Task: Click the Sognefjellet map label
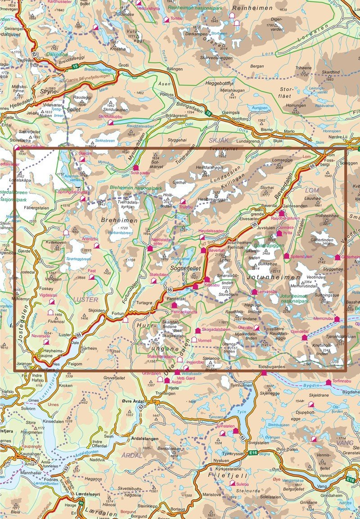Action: (x=181, y=268)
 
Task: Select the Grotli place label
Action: (x=123, y=65)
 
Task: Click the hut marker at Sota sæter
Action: (x=135, y=167)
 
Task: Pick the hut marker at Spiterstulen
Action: (x=286, y=256)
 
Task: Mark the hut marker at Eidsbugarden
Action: (x=264, y=373)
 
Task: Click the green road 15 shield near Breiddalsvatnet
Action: (x=75, y=67)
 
